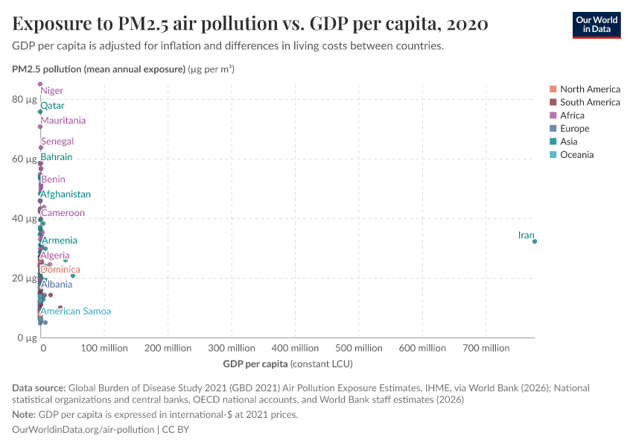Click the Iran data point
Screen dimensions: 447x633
point(535,241)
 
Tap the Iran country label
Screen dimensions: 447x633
point(526,235)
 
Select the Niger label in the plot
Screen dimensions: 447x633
point(51,91)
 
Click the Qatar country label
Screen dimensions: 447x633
point(52,106)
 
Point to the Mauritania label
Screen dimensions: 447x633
point(63,121)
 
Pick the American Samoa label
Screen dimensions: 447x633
point(75,311)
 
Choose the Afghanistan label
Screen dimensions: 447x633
point(66,194)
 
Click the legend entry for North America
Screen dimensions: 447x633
point(590,89)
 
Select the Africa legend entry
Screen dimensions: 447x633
point(572,115)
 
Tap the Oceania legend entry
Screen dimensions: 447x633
point(576,155)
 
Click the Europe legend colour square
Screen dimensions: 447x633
point(553,129)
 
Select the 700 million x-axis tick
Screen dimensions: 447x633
point(486,348)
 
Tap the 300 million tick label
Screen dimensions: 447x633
point(232,348)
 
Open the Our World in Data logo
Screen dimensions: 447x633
point(597,24)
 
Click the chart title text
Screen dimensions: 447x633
point(250,24)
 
